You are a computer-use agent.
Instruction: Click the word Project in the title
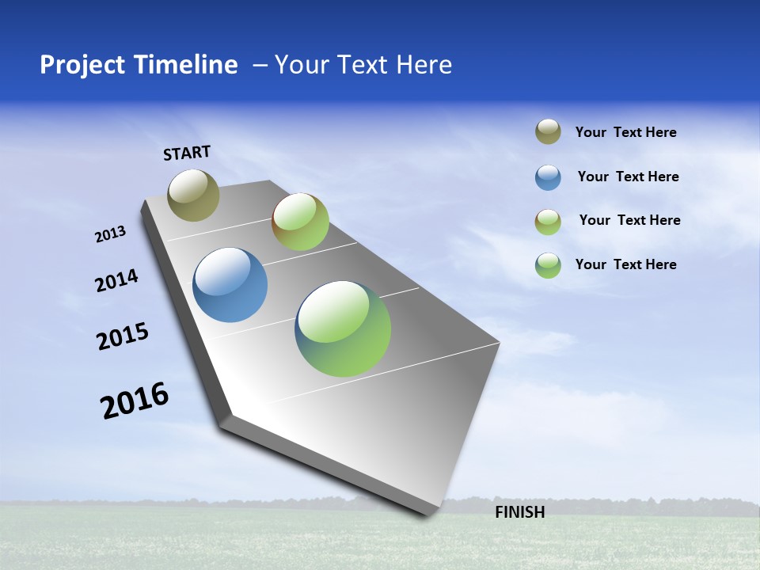75,65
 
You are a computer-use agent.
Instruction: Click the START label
187,153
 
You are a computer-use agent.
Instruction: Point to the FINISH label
519,512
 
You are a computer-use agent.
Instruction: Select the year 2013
110,234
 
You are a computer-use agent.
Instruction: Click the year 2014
116,281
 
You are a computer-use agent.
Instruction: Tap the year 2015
122,336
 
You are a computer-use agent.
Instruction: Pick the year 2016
135,401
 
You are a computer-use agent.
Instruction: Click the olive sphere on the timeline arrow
193,195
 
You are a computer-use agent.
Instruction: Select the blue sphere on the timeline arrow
230,285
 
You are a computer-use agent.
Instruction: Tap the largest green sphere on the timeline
343,329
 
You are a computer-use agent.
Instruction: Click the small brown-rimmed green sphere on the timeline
300,222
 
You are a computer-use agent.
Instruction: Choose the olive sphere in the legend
548,131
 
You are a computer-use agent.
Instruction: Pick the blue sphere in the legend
548,177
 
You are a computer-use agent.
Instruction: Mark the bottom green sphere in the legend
548,265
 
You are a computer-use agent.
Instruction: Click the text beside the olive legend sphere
625,132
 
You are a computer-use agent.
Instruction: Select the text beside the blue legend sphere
628,177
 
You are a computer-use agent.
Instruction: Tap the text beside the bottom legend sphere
625,264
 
